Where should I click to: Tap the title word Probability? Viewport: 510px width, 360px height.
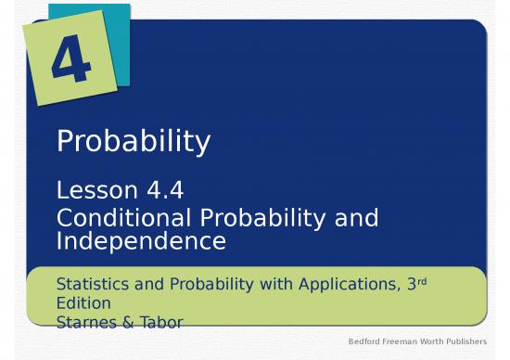coord(134,142)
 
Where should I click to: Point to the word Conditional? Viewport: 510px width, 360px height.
coord(123,219)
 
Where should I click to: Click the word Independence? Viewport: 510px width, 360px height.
coord(141,241)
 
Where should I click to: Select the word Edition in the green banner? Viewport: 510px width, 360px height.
coord(83,302)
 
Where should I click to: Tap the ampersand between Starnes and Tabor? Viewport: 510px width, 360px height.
coord(131,321)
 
